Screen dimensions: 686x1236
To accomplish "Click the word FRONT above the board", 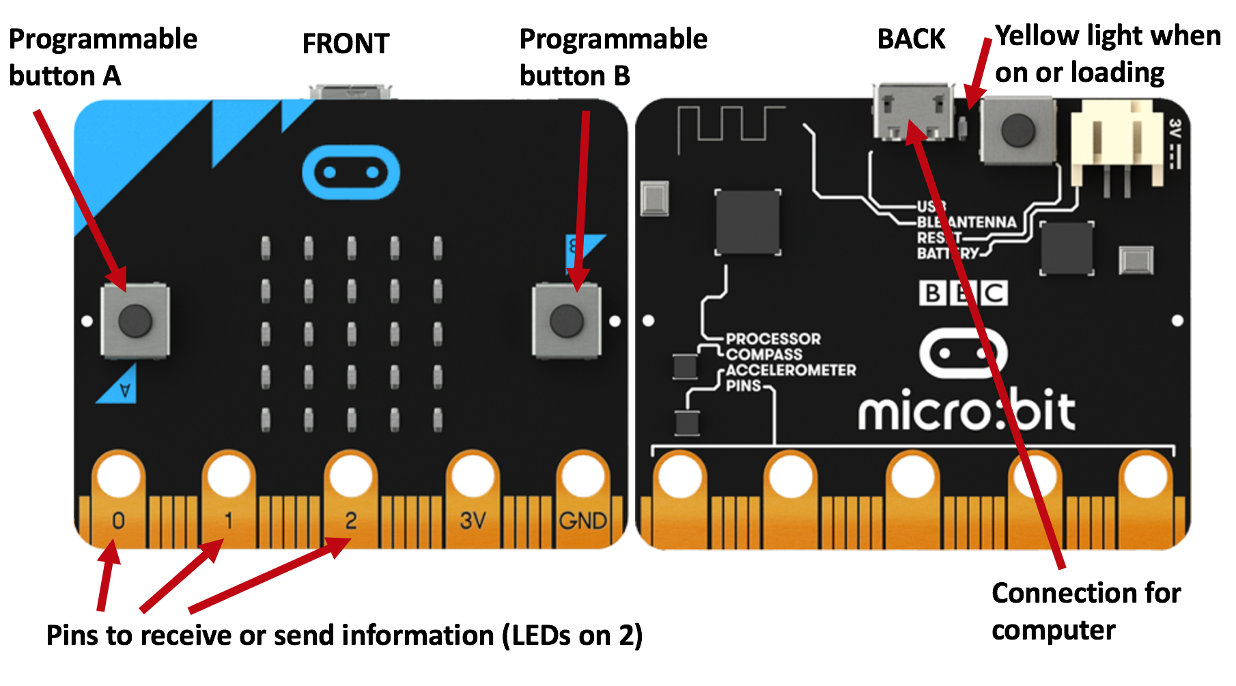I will pos(346,44).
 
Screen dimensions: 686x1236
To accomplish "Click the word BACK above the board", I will pos(911,39).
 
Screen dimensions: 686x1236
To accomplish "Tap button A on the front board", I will pos(135,320).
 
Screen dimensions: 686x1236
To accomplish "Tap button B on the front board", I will pos(566,320).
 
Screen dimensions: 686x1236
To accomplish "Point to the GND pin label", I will pos(582,521).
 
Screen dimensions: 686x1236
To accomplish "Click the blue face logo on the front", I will pos(350,172).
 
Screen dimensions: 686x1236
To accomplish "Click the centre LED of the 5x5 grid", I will pos(352,334).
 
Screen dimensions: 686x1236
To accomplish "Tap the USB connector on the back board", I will pos(913,112).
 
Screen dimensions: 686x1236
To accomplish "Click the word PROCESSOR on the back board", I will pos(773,339).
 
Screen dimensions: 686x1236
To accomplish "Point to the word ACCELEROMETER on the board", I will pos(790,370).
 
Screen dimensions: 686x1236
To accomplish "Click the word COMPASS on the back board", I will pos(764,355).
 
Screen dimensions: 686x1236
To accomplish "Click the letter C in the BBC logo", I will pos(994,293).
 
